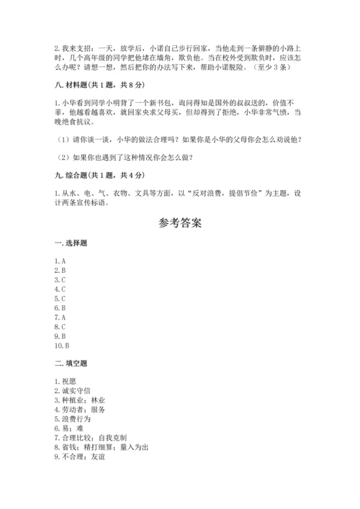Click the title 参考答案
click(x=180, y=222)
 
